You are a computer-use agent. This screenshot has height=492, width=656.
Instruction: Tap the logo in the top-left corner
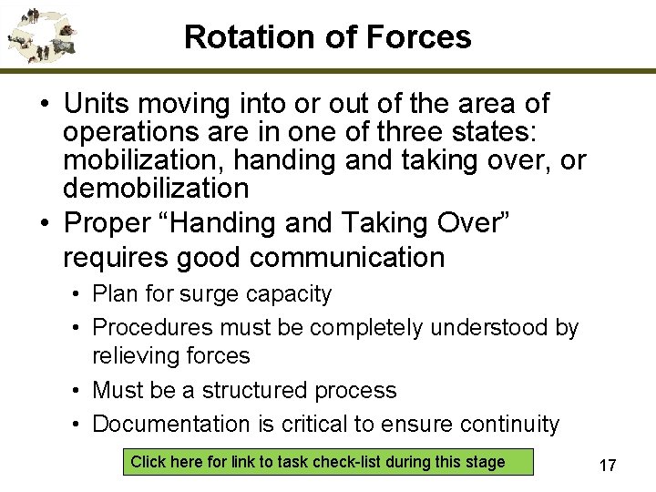[x=42, y=35]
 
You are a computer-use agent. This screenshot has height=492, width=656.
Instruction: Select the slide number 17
[x=607, y=466]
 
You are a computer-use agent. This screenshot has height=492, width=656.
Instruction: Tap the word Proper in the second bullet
[x=110, y=223]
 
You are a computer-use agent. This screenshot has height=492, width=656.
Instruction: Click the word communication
[x=347, y=258]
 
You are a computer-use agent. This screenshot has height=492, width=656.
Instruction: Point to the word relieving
[x=138, y=355]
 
